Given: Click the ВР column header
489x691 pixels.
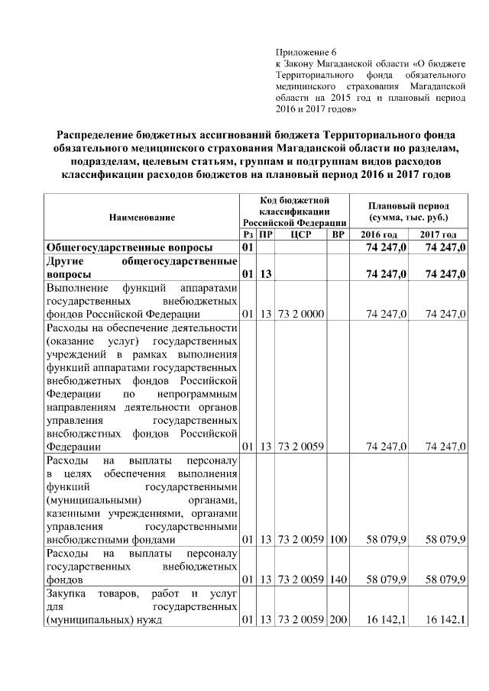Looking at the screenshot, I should (338, 234).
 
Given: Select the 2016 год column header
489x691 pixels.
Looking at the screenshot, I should (378, 234).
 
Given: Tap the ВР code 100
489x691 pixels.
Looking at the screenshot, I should (338, 540).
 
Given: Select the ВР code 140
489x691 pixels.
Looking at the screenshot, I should (338, 580).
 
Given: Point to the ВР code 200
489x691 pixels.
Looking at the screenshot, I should (338, 619).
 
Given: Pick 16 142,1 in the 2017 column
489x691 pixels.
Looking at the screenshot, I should (446, 619).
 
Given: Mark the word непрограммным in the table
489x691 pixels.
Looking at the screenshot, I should (196, 393).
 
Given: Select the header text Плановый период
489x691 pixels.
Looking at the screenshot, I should (408, 205).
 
